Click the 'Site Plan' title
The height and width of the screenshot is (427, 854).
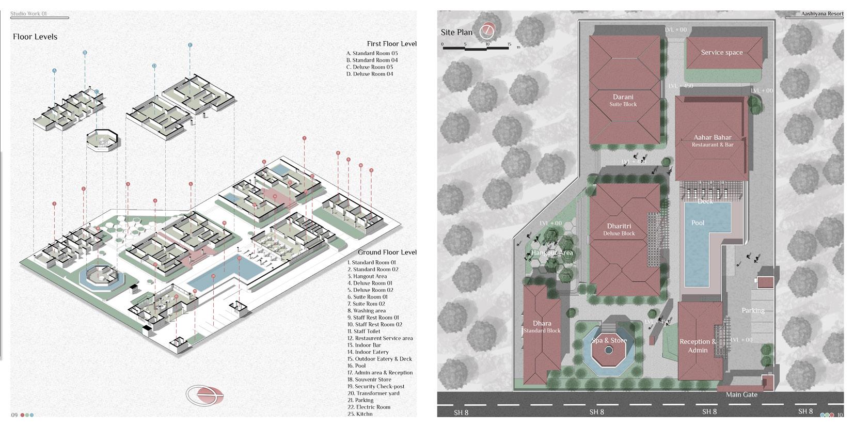click(456, 33)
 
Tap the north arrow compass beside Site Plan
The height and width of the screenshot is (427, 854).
click(486, 31)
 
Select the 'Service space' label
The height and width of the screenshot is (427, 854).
click(721, 53)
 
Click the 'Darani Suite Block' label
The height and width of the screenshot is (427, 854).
click(623, 100)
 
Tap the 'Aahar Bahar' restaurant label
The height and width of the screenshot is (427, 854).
click(713, 140)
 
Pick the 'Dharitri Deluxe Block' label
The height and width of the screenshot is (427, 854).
click(619, 229)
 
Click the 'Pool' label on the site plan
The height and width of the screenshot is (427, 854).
click(698, 223)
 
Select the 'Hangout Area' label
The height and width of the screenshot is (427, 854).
click(552, 253)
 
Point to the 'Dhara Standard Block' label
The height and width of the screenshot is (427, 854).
click(542, 327)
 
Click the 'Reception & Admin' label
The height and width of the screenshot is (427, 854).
click(698, 345)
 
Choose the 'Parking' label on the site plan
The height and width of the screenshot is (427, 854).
click(753, 311)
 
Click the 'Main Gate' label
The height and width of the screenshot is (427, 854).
click(741, 394)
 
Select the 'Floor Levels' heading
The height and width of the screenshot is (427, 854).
click(35, 37)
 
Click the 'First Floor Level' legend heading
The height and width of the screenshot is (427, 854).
click(391, 44)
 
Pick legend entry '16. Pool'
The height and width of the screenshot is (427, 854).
click(357, 366)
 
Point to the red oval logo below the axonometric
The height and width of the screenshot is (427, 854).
click(205, 395)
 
